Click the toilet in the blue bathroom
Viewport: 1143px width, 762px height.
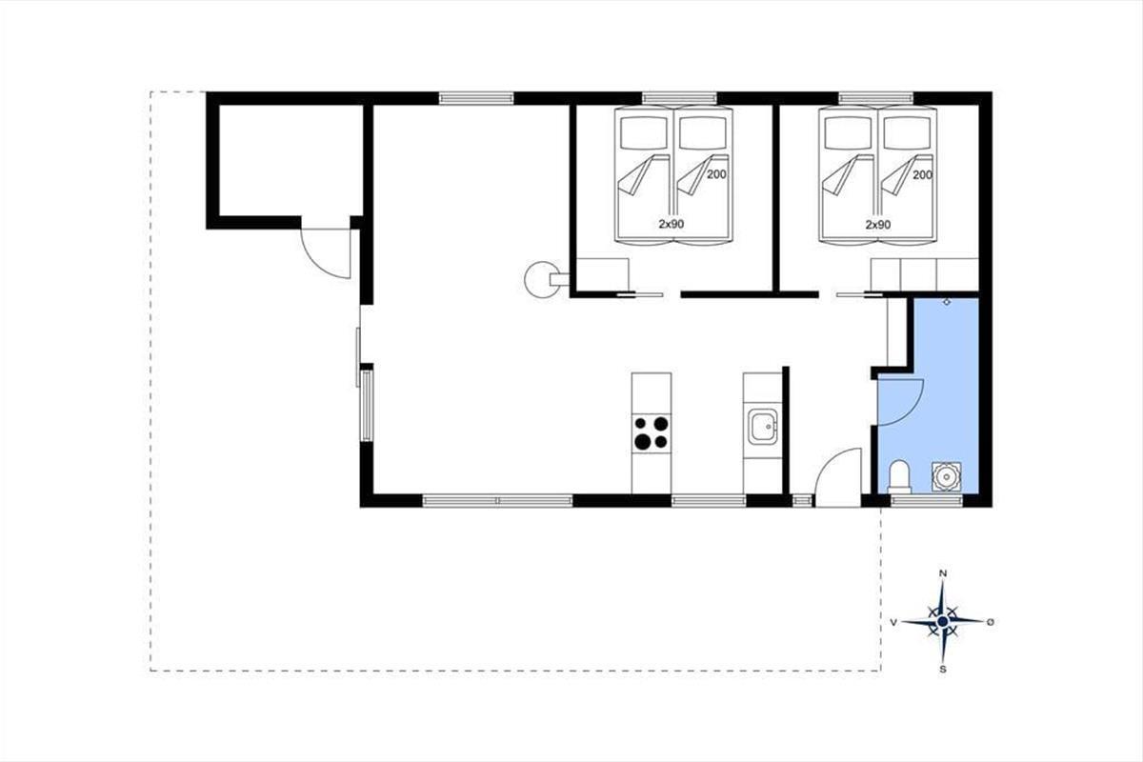[899, 476]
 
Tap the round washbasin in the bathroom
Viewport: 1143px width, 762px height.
[947, 476]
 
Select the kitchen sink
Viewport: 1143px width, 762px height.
[763, 426]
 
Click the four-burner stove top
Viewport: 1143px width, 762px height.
[651, 432]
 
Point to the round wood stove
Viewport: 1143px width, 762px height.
[542, 279]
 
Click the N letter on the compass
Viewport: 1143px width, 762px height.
[943, 573]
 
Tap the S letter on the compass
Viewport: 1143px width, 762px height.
[943, 669]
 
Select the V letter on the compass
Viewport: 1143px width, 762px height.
[893, 622]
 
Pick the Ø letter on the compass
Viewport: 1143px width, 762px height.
[991, 622]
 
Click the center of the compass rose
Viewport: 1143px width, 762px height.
[943, 621]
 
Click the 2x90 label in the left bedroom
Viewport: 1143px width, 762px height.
[671, 224]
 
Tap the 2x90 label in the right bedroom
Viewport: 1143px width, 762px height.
[878, 225]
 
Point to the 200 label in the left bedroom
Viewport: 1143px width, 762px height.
[716, 174]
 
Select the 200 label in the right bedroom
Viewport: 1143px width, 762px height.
[923, 175]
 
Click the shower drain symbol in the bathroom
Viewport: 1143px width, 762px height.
[947, 302]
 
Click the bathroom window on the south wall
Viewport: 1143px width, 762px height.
[927, 501]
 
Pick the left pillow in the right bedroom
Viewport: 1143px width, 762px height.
[848, 133]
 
